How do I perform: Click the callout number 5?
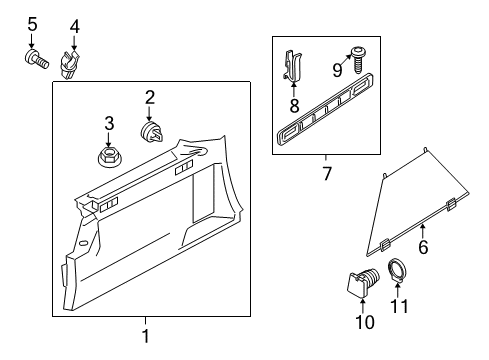pyautogui.click(x=32, y=25)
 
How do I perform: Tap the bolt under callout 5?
pyautogui.click(x=36, y=59)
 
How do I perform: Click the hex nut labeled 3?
pyautogui.click(x=109, y=156)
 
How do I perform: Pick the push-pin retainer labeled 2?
pyautogui.click(x=152, y=132)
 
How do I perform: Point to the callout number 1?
pyautogui.click(x=145, y=336)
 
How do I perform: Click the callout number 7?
pyautogui.click(x=327, y=174)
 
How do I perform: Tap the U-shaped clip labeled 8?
pyautogui.click(x=293, y=66)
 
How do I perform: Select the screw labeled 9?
pyautogui.click(x=357, y=60)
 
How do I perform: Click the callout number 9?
pyautogui.click(x=337, y=70)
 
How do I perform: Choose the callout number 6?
pyautogui.click(x=423, y=247)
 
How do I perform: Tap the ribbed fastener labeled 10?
pyautogui.click(x=362, y=282)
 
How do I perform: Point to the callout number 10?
pyautogui.click(x=365, y=322)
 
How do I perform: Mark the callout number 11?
pyautogui.click(x=399, y=306)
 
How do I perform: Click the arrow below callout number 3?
pyautogui.click(x=108, y=139)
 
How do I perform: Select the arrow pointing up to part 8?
pyautogui.click(x=293, y=89)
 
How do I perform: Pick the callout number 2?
pyautogui.click(x=150, y=98)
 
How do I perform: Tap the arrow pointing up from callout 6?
pyautogui.click(x=423, y=231)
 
